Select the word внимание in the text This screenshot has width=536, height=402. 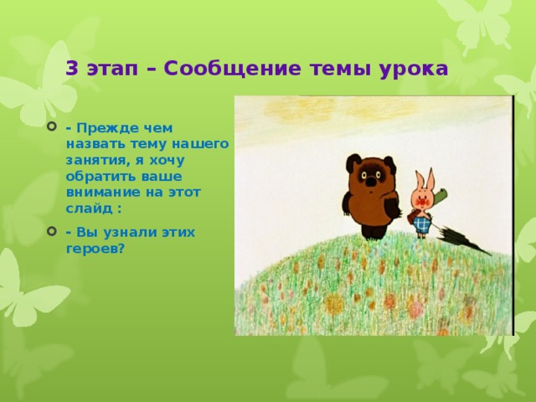click(99, 193)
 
